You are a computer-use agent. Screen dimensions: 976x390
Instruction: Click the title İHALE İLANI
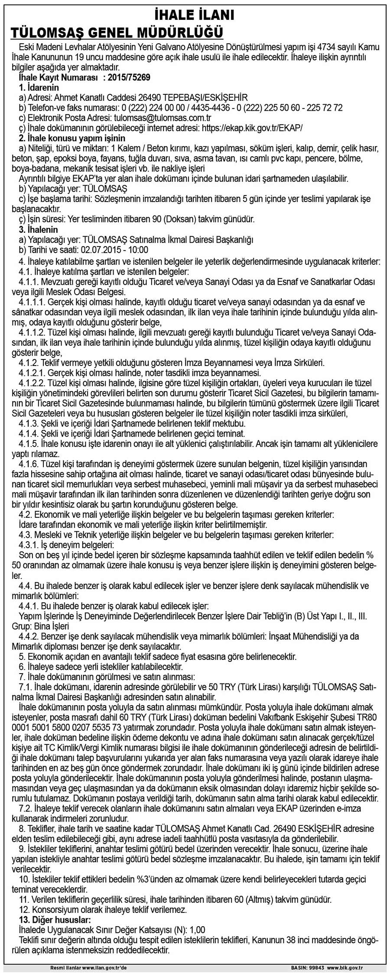pos(195,16)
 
